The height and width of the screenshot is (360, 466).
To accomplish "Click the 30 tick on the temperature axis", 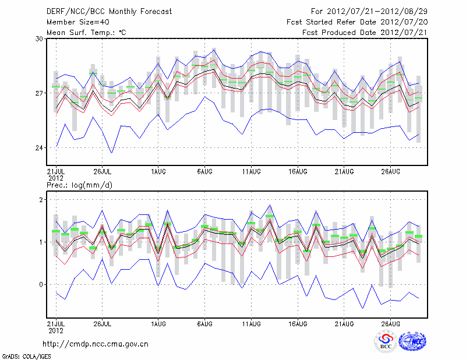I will coord(40,38).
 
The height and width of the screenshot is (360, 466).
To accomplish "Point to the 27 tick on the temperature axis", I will coord(40,93).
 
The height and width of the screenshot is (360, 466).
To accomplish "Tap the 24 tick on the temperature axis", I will coord(40,148).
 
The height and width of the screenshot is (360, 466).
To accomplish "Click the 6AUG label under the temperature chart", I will coord(204,171).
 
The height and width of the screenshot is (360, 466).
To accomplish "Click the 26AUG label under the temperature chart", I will coord(391,171).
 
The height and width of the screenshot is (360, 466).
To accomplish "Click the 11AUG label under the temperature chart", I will coord(251,171).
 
